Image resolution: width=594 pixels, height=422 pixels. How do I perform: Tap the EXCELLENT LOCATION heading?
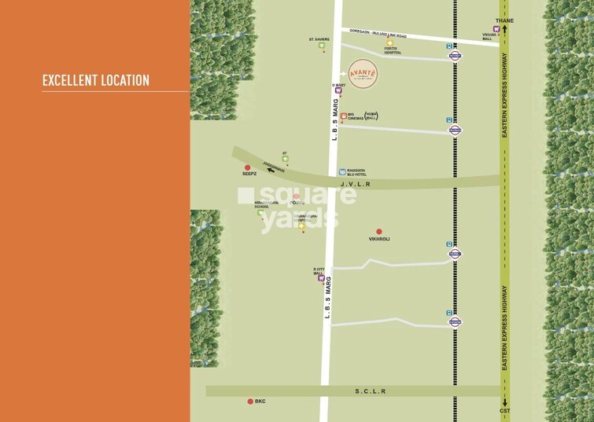click(95, 80)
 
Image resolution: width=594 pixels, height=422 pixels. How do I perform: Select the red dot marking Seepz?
click(248, 167)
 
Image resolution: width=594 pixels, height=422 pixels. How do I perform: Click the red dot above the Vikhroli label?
click(378, 231)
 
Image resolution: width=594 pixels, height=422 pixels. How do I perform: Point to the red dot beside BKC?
click(251, 401)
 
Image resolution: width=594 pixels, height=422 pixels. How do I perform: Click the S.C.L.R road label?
click(370, 391)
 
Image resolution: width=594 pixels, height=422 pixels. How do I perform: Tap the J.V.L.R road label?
click(355, 183)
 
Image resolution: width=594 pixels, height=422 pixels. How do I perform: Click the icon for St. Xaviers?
click(321, 46)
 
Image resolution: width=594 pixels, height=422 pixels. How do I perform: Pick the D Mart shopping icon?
click(339, 92)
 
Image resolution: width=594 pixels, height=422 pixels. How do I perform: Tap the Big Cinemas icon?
click(344, 116)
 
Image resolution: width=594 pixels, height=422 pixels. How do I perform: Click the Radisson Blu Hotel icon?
click(341, 171)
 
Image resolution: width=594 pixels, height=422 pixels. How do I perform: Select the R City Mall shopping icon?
click(321, 277)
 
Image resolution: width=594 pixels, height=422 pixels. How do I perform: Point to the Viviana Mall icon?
click(496, 29)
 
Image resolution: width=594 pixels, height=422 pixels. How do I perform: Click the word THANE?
click(504, 20)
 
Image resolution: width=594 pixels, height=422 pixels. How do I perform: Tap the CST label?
click(504, 411)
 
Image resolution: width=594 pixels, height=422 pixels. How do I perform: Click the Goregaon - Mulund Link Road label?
click(379, 35)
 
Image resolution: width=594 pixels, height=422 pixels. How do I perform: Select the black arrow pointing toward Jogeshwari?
click(272, 168)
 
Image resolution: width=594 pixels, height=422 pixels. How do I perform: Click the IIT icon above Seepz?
click(285, 159)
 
